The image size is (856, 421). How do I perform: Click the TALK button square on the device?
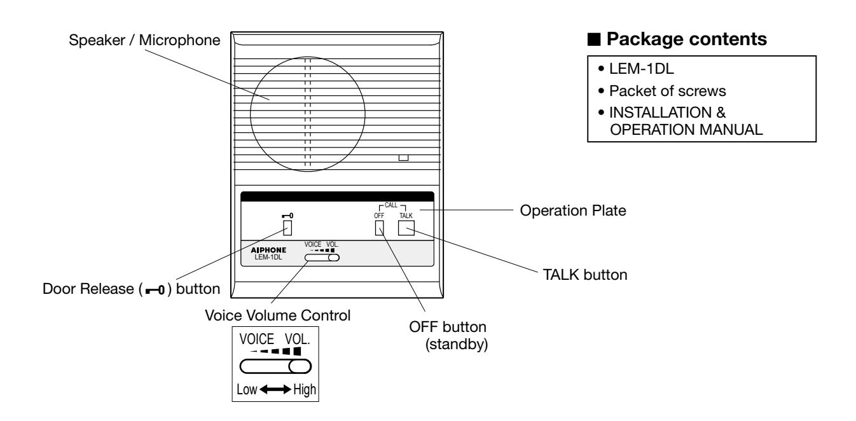pyautogui.click(x=406, y=228)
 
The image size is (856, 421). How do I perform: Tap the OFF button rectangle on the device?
pyautogui.click(x=379, y=228)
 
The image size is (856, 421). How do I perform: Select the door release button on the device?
pyautogui.click(x=287, y=228)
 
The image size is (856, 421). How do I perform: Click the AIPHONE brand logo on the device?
pyautogui.click(x=268, y=250)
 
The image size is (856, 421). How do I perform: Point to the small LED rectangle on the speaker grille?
pyautogui.click(x=404, y=158)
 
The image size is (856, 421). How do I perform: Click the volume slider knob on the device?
pyautogui.click(x=334, y=258)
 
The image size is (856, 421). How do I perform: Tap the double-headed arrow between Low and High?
pyautogui.click(x=275, y=390)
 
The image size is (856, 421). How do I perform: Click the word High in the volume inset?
pyautogui.click(x=305, y=390)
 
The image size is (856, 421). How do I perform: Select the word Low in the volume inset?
pyautogui.click(x=247, y=390)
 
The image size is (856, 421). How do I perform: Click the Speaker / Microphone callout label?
pyautogui.click(x=144, y=40)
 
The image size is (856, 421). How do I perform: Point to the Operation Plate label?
pyautogui.click(x=573, y=210)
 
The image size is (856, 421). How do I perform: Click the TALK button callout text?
pyautogui.click(x=585, y=275)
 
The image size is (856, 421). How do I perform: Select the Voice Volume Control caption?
pyautogui.click(x=277, y=315)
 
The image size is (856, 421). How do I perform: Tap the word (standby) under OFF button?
pyautogui.click(x=457, y=344)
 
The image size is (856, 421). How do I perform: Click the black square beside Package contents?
pyautogui.click(x=594, y=39)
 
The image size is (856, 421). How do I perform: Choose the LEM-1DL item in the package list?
pyautogui.click(x=641, y=69)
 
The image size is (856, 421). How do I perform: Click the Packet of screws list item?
pyautogui.click(x=667, y=91)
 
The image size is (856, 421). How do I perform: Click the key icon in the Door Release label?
pyautogui.click(x=155, y=290)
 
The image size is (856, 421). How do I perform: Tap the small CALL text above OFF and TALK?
pyautogui.click(x=391, y=205)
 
